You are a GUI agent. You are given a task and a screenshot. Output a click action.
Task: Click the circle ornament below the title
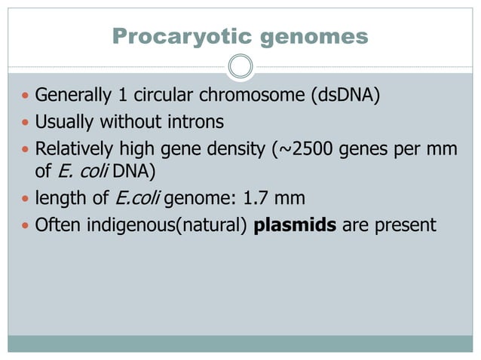click(240, 66)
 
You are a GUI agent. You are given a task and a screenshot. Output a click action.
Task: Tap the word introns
click(197, 121)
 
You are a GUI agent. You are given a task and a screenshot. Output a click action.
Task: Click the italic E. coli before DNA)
click(84, 172)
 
